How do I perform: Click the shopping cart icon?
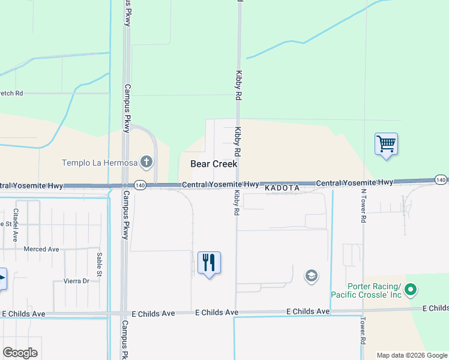387,144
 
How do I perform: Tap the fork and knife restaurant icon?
209,263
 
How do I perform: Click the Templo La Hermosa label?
100,162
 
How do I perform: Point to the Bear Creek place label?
214,164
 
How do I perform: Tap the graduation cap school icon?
312,276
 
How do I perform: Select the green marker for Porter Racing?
411,290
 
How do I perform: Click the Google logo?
20,353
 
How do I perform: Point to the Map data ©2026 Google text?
411,355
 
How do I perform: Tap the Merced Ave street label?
41,249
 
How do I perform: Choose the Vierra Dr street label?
76,281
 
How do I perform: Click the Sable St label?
99,262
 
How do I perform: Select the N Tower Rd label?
363,206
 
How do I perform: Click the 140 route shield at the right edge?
441,180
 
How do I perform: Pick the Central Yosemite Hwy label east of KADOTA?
354,182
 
